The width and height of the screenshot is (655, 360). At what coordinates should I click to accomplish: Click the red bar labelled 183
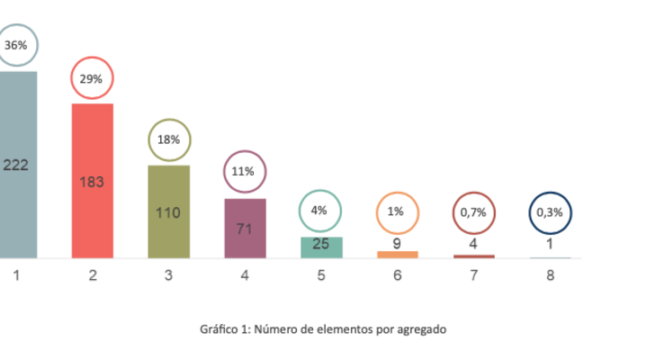(x=93, y=181)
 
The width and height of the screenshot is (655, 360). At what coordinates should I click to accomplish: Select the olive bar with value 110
(x=169, y=212)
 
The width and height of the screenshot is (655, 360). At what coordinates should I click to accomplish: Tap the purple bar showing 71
(x=245, y=229)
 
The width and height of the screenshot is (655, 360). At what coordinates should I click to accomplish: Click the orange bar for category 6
(x=398, y=255)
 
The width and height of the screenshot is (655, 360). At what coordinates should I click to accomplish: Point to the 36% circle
(x=15, y=45)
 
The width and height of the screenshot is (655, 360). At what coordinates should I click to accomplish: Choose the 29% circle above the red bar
(x=92, y=78)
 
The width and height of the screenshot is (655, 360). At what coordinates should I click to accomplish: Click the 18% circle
(x=169, y=139)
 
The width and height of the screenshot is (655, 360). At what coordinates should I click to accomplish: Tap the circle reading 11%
(x=245, y=171)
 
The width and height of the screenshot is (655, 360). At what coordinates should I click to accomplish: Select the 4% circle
(x=320, y=211)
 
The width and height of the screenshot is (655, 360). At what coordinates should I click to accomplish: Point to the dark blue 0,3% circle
(x=549, y=213)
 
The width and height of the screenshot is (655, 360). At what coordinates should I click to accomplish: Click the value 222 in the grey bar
(x=16, y=165)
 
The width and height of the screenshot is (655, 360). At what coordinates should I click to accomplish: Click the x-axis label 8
(x=550, y=275)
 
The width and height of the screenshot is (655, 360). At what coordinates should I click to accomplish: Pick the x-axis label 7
(x=473, y=275)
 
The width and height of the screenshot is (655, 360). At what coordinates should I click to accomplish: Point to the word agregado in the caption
(x=418, y=329)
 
